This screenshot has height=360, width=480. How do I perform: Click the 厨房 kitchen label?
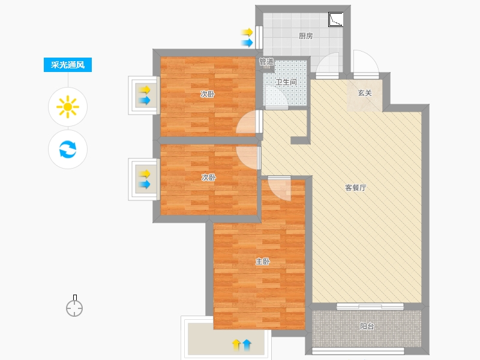[x=305, y=36]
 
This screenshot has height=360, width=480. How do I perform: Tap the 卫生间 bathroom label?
[x=286, y=82]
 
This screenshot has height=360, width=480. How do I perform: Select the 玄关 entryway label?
[x=365, y=93]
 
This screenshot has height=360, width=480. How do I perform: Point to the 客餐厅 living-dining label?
[x=355, y=188]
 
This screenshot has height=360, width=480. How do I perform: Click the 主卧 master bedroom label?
[x=263, y=262]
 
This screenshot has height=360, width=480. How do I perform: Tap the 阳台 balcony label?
[x=367, y=326]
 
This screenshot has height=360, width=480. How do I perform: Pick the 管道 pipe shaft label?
[x=266, y=62]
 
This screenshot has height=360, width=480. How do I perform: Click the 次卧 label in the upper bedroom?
[x=207, y=94]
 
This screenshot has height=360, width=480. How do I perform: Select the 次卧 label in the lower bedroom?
[x=208, y=177]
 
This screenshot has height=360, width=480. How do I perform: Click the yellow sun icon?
[x=68, y=107]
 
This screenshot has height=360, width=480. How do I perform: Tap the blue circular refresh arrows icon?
[x=68, y=149]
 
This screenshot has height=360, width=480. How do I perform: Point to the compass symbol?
[x=74, y=306]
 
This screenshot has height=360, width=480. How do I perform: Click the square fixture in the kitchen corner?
[x=335, y=20]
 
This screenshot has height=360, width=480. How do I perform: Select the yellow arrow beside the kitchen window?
[x=247, y=32]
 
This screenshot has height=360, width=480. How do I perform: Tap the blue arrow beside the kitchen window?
[x=247, y=43]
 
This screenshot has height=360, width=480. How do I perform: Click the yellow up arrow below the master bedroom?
[x=236, y=345]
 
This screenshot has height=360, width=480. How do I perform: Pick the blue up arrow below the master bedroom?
[x=247, y=345]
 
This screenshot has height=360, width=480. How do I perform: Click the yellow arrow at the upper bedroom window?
[x=145, y=90]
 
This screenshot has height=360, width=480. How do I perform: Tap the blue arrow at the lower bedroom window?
[x=145, y=185]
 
